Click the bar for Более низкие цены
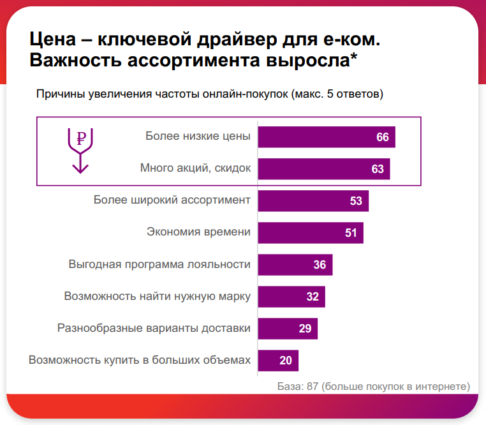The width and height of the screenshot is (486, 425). pyautogui.click(x=327, y=137)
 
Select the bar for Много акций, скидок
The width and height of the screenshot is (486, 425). pyautogui.click(x=324, y=169)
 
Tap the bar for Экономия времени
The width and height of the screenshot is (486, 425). pyautogui.click(x=311, y=233)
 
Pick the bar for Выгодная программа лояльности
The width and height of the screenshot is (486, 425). pyautogui.click(x=295, y=265)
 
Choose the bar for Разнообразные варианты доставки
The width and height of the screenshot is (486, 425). pyautogui.click(x=288, y=329)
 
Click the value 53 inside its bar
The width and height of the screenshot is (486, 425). pyautogui.click(x=356, y=201)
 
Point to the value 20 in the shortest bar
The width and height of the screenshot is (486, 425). pyautogui.click(x=286, y=361)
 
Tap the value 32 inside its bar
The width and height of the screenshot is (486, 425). pyautogui.click(x=313, y=297)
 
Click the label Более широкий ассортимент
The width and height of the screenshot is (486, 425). pyautogui.click(x=172, y=200)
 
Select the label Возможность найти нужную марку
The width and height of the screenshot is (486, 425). pyautogui.click(x=157, y=296)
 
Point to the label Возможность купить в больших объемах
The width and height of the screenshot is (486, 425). pyautogui.click(x=139, y=360)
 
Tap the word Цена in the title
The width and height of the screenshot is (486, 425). pyautogui.click(x=53, y=40)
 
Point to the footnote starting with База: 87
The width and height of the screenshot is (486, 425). pyautogui.click(x=374, y=386)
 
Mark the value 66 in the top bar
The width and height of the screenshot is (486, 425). pyautogui.click(x=383, y=137)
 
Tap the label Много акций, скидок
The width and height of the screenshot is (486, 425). pyautogui.click(x=195, y=168)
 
